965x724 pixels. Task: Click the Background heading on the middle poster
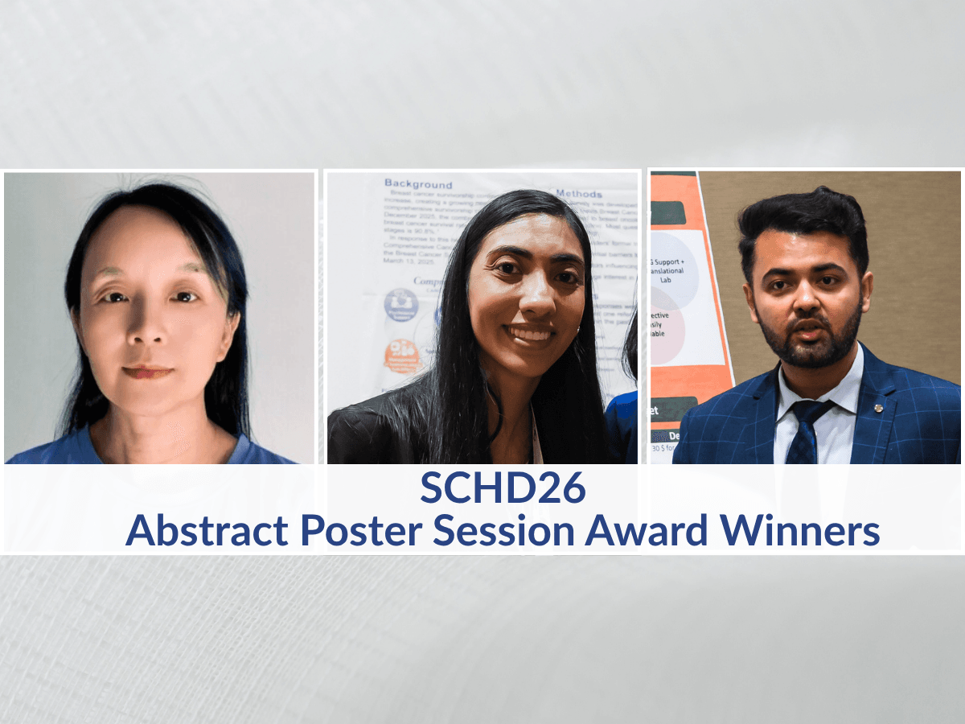point(418,184)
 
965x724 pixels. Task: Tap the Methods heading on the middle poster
point(578,194)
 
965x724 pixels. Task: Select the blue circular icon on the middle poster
point(400,305)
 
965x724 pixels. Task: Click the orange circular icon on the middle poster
point(401,355)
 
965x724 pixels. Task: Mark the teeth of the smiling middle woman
point(528,331)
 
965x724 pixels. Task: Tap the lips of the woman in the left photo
point(147,372)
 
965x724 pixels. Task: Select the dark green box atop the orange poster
point(674,212)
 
